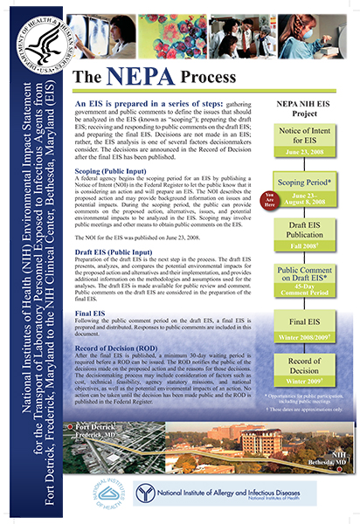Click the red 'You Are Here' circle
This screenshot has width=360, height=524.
tap(246, 199)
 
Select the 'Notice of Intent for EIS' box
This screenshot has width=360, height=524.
tap(299, 135)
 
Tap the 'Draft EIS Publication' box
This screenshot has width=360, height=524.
tap(299, 237)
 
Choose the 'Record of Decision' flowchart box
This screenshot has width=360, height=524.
tap(299, 368)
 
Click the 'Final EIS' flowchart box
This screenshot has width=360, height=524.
tap(299, 322)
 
